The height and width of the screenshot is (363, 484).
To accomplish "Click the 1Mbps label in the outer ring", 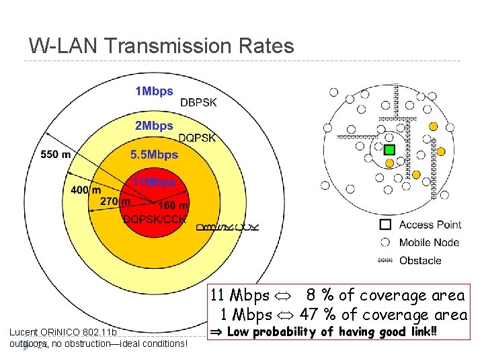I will [154, 91].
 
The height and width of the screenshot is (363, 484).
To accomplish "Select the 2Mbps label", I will [154, 126].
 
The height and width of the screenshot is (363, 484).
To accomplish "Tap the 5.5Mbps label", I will [154, 155].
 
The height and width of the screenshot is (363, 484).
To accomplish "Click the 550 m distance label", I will [56, 155].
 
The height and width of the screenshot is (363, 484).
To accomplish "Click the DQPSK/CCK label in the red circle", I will [155, 218].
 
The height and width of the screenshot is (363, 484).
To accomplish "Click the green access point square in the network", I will [389, 149].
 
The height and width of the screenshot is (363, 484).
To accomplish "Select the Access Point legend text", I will [430, 225].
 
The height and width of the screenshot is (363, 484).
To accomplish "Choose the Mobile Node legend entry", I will [429, 243].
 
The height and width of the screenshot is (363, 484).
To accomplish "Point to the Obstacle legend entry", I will [420, 260].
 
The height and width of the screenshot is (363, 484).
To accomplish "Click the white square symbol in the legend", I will [385, 225].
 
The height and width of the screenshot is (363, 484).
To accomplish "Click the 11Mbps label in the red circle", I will [154, 182].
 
